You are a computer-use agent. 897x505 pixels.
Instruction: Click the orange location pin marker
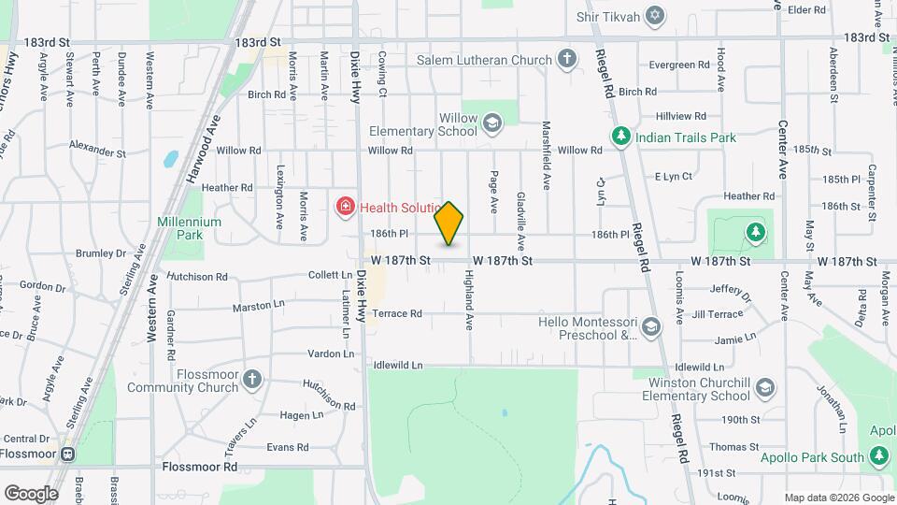449,224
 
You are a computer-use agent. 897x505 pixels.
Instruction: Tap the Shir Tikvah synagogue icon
655,17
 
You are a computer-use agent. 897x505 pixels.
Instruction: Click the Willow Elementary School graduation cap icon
491,121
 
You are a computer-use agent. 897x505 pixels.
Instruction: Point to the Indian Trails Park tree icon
619,137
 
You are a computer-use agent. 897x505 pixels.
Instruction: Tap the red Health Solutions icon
345,206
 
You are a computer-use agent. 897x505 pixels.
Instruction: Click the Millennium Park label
190,228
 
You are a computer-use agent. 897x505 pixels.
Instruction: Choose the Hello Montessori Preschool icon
650,326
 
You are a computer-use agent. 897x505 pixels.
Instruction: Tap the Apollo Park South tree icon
877,455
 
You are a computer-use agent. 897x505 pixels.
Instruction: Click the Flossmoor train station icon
67,454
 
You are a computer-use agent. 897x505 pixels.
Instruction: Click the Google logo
30,494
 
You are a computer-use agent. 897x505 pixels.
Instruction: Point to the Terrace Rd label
398,314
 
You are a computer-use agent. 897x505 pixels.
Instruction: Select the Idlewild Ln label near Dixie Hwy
398,366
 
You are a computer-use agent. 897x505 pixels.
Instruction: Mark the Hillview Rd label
680,116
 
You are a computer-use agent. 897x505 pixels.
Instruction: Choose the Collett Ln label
329,275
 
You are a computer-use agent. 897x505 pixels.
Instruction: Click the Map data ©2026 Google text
837,498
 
